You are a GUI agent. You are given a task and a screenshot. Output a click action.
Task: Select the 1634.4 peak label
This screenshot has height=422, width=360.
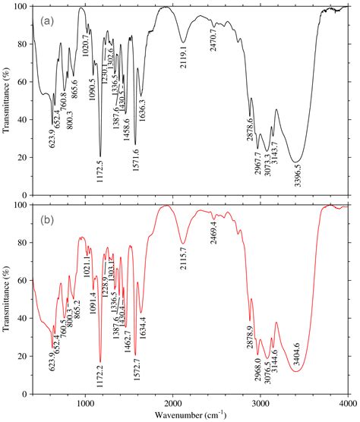142,307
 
